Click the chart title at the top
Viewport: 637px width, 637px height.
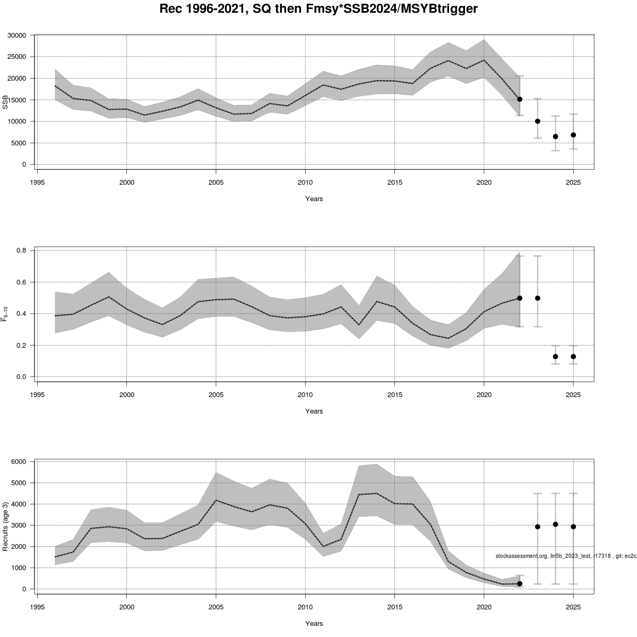pos(318,10)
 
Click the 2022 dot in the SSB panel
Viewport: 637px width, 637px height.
pos(520,99)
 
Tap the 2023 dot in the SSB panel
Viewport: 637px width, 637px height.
pos(538,121)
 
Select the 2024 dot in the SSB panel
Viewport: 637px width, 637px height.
pos(555,136)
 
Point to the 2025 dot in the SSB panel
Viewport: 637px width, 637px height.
pos(573,135)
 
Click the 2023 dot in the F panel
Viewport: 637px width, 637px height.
pos(538,298)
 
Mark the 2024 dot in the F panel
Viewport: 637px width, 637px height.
pos(555,357)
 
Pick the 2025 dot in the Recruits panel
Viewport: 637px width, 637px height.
pos(573,527)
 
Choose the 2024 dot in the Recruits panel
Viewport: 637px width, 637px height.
pos(555,524)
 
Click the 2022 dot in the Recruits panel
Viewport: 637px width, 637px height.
pos(520,584)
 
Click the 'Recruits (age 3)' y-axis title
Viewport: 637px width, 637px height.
pos(6,526)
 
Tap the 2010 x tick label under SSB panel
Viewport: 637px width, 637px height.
pos(305,182)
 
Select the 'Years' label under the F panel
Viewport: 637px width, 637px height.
pos(314,411)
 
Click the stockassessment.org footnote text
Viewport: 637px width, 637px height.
pos(566,556)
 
